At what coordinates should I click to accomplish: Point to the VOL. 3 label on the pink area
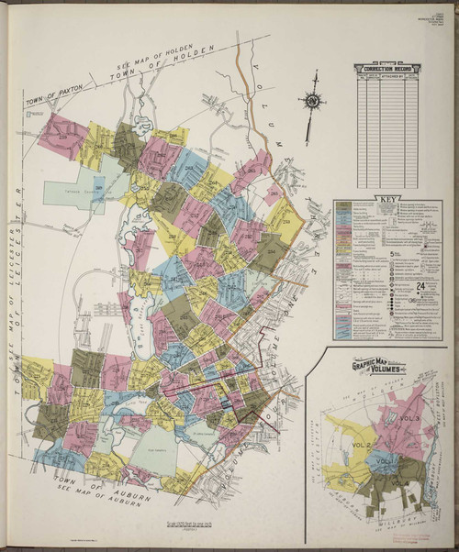tap(409, 419)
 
